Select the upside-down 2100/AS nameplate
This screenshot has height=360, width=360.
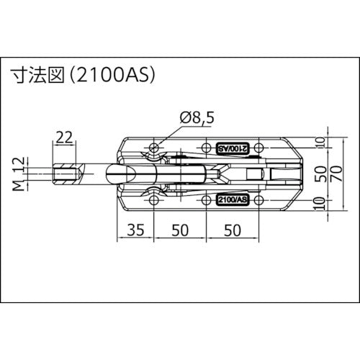pyautogui.click(x=232, y=148)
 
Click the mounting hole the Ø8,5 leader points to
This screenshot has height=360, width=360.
pyautogui.click(x=156, y=148)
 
